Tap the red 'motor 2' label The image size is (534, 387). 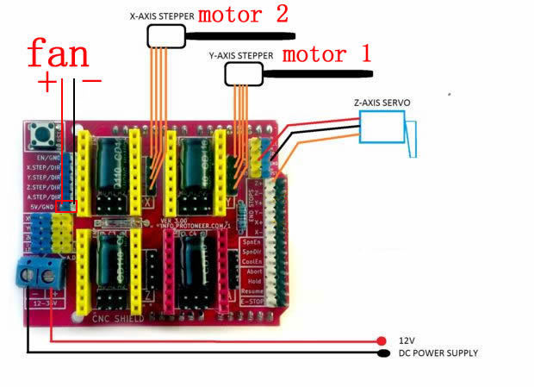tap(243, 16)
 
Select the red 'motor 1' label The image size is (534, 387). tap(327, 53)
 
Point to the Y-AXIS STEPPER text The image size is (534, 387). tap(241, 55)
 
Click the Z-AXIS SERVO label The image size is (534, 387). tap(382, 103)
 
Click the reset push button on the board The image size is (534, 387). tap(39, 134)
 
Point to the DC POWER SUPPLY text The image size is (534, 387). tap(438, 353)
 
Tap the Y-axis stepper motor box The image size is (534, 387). tap(244, 74)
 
